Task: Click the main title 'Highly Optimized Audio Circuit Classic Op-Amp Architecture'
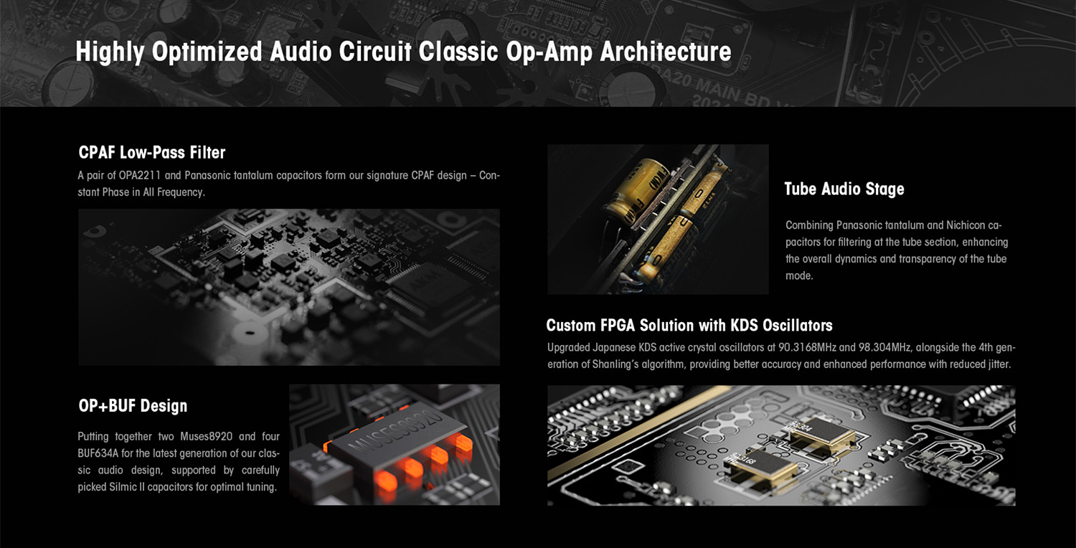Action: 403,52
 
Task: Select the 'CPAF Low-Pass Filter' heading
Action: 152,153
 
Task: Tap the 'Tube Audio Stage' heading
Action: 844,189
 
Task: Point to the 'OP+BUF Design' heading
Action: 133,406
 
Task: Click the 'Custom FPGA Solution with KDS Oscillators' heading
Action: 689,325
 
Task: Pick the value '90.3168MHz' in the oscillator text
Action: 808,347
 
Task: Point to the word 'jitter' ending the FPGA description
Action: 999,364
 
